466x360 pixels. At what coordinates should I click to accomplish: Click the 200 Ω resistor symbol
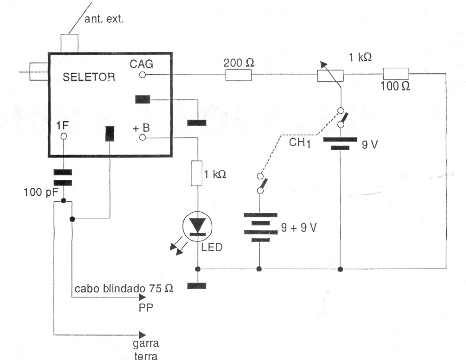click(x=238, y=75)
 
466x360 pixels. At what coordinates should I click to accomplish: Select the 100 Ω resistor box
click(x=396, y=74)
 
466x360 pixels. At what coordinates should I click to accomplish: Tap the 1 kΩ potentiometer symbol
click(x=330, y=75)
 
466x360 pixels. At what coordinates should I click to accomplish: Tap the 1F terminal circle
click(x=63, y=136)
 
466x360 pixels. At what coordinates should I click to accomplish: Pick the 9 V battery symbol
click(x=340, y=143)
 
